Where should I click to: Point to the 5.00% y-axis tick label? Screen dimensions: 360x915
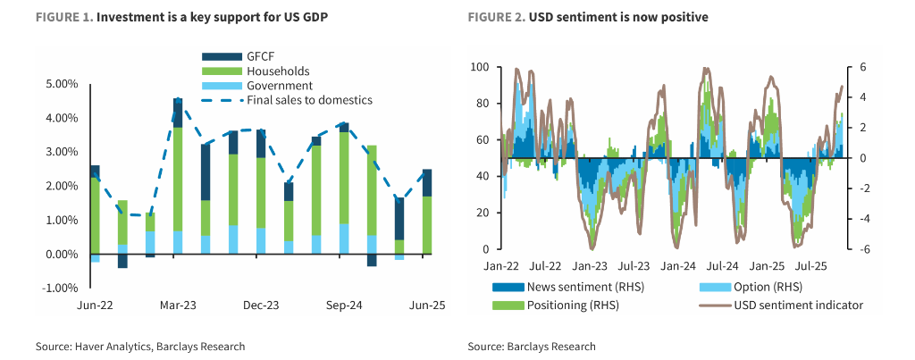tap(61, 84)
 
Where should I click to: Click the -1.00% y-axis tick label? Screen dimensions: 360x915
tap(60, 288)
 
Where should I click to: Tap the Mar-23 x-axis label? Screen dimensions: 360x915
tap(178, 306)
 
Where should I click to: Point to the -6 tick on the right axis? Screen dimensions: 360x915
tap(865, 249)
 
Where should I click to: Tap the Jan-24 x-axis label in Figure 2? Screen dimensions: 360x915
tap(677, 266)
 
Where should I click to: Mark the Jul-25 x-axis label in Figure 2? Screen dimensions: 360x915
tap(810, 266)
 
